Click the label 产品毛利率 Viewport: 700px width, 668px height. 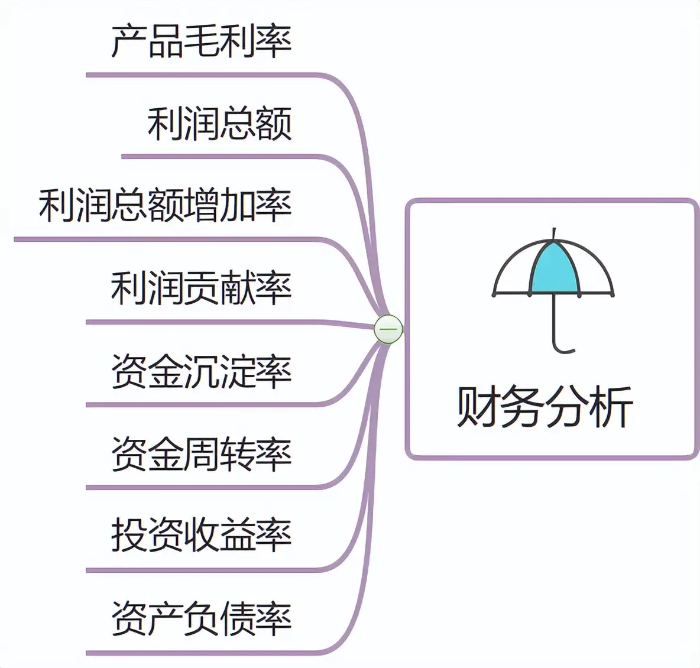point(201,41)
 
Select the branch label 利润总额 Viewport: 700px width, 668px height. point(219,124)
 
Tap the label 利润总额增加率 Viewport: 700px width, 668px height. point(165,206)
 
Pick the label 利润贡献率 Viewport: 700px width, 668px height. point(201,288)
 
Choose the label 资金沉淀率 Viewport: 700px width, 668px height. point(201,371)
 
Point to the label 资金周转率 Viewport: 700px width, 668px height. point(201,454)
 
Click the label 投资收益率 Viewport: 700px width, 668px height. point(201,536)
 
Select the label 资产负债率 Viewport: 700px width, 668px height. point(201,618)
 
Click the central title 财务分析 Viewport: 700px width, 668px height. point(545,407)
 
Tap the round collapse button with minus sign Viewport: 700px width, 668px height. point(388,329)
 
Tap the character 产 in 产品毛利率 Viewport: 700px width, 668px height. point(129,41)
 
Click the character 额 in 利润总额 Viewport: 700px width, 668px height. point(274,124)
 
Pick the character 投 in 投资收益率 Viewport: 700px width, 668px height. point(129,536)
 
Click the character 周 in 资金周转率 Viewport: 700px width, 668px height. point(201,454)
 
